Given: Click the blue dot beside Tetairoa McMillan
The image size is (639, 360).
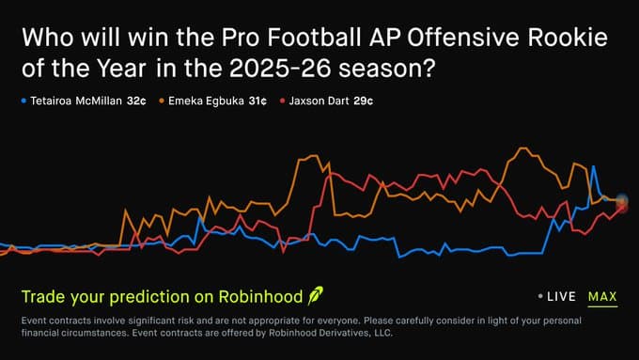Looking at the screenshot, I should (23, 100).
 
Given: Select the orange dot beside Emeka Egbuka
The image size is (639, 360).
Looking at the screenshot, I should (163, 100).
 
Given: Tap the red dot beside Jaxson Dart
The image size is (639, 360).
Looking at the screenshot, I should (283, 100).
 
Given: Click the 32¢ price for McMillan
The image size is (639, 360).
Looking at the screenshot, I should (136, 100).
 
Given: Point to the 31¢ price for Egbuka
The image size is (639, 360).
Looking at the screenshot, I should (257, 100).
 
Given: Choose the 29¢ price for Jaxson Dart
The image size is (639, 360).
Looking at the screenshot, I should (362, 100).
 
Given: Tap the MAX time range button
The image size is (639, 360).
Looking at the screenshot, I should (602, 297).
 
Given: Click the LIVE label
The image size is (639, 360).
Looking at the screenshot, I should (561, 297).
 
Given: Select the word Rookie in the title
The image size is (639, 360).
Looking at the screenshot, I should (567, 39).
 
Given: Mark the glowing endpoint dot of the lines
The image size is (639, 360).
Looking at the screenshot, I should (621, 199).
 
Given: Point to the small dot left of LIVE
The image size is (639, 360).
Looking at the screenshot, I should (539, 297).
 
